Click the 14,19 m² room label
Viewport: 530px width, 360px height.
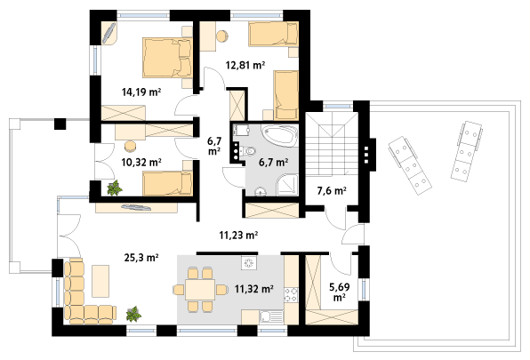coord(141,92)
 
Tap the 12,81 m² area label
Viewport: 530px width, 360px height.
coord(245,65)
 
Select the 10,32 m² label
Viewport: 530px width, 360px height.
coord(141,163)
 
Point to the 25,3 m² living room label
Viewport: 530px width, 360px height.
coord(141,258)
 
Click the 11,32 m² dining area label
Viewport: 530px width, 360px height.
coord(253,289)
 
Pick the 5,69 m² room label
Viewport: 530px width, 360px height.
coord(340,292)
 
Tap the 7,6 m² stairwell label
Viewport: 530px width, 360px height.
coord(332,191)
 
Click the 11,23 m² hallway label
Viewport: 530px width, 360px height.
coord(238,235)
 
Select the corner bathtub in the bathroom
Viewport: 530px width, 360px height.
coord(280,136)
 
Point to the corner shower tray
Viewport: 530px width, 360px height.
coord(287,185)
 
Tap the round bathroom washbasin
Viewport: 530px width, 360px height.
coord(261,192)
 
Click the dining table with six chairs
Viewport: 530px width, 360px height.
coord(200,290)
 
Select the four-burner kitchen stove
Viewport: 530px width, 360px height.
coord(291,294)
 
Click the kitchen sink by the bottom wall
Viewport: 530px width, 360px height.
coord(271,317)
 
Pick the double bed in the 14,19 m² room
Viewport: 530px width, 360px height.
coord(167,58)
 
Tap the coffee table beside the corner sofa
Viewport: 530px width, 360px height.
coord(100,281)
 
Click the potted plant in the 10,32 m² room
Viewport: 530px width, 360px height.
coord(115,188)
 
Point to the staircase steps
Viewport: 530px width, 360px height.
coord(332,143)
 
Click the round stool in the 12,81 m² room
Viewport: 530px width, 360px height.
coord(222,36)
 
